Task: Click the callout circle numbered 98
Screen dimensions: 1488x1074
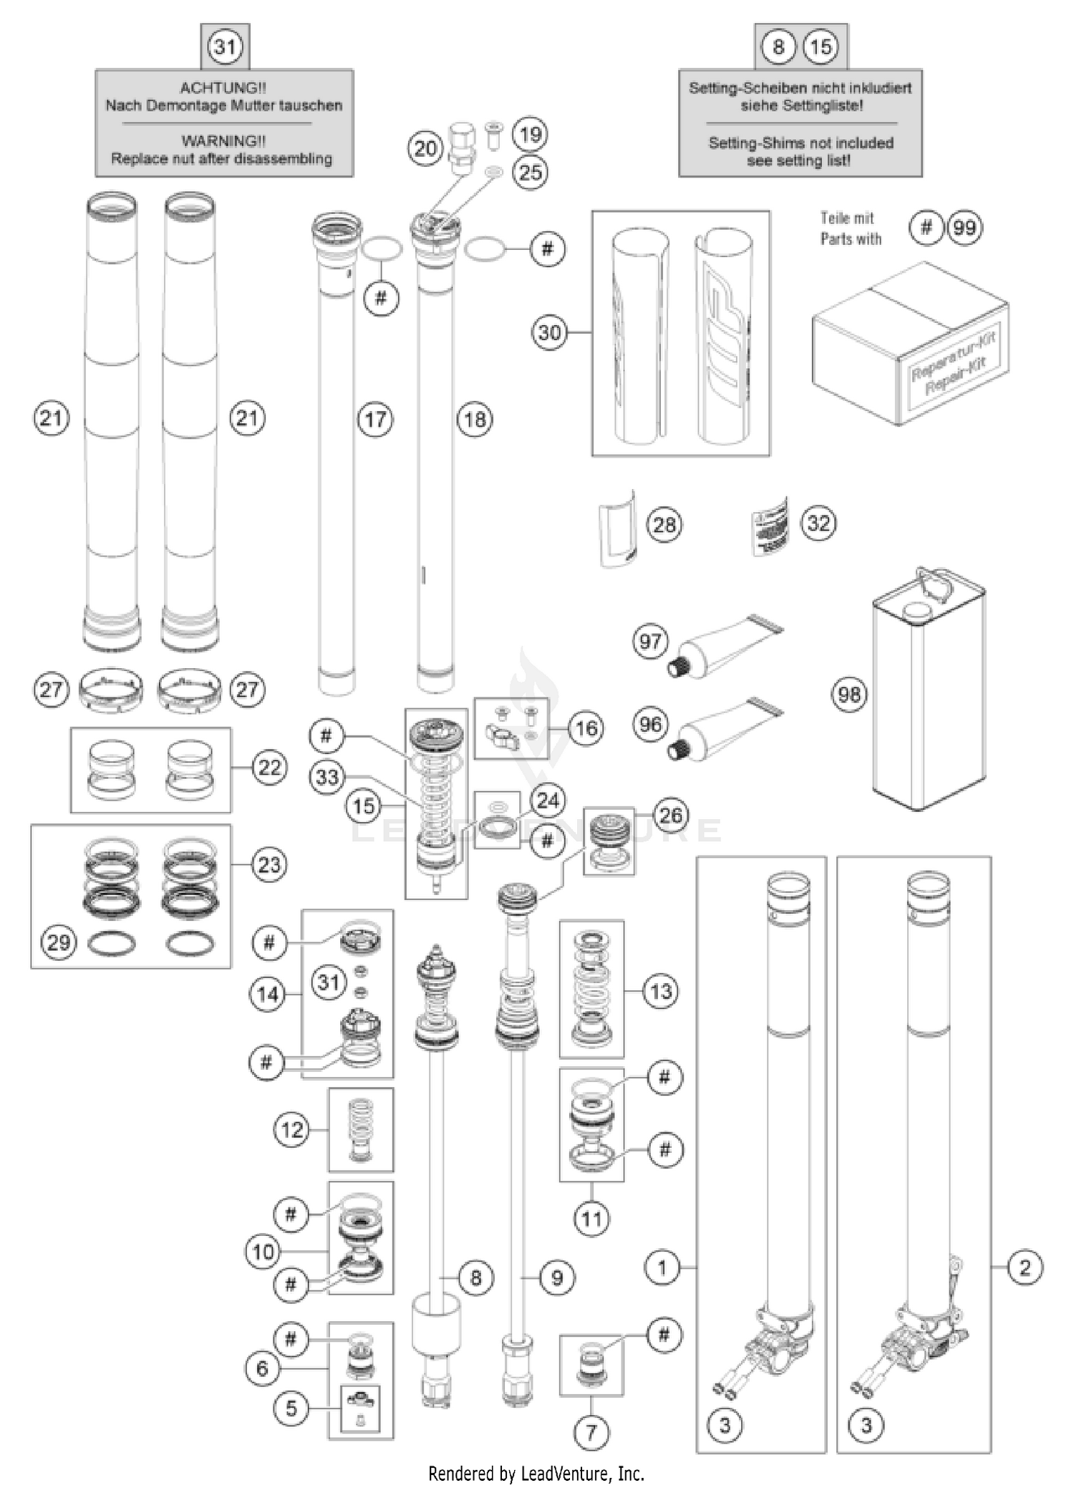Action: (x=849, y=694)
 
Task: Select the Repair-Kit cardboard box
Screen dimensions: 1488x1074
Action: (x=910, y=344)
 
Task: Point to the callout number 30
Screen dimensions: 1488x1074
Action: (x=549, y=332)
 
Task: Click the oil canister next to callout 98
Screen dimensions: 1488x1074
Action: (x=929, y=695)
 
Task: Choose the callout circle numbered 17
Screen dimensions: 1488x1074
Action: (x=375, y=420)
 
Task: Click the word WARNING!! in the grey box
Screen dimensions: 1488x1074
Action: (x=223, y=141)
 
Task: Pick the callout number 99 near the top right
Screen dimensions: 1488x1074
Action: (x=964, y=228)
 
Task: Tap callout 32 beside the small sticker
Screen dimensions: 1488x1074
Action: (x=819, y=523)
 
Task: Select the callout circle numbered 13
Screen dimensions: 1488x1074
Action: (x=660, y=992)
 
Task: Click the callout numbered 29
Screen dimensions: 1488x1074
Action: (x=59, y=942)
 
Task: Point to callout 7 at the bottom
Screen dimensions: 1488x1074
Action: (x=591, y=1432)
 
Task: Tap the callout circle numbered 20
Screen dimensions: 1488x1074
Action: (x=425, y=149)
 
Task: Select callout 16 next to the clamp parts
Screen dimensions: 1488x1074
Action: (x=586, y=728)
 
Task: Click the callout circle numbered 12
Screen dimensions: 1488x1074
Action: (x=292, y=1130)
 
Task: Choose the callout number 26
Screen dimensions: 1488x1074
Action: (x=671, y=815)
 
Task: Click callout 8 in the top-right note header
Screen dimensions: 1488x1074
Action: (x=778, y=47)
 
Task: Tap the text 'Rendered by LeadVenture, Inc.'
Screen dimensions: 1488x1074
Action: (x=536, y=1473)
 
